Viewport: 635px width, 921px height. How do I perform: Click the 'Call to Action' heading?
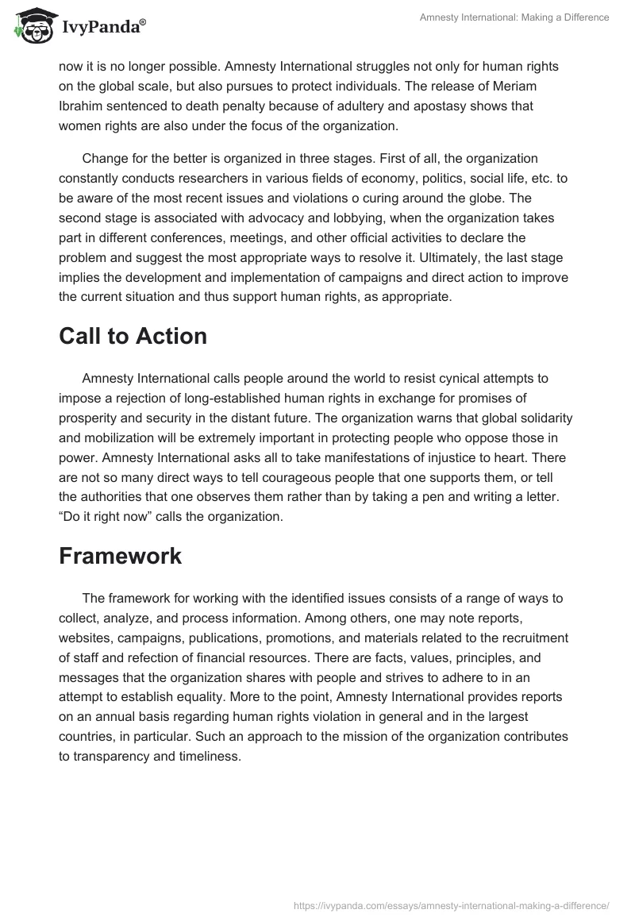pyautogui.click(x=133, y=337)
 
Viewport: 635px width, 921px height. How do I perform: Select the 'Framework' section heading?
pyautogui.click(x=120, y=557)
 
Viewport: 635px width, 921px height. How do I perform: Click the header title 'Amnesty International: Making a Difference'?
pyautogui.click(x=514, y=17)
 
